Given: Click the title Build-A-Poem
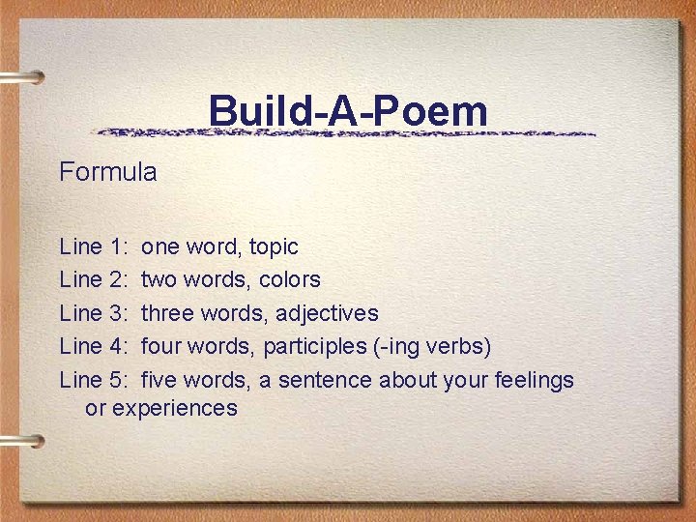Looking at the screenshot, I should tap(348, 112).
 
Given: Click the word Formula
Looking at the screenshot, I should tap(107, 172).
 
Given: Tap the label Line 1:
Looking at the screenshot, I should tap(94, 246).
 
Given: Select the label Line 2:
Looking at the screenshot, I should tap(94, 279).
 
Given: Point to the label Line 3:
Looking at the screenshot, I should tap(94, 313).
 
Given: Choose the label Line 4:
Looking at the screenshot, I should tap(94, 346).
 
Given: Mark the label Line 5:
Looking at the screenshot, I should tap(94, 380).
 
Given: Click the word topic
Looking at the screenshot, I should tap(274, 247).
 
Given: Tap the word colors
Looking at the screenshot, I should tap(290, 279).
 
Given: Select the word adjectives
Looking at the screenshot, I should tap(327, 313).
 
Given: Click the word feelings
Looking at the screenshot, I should tap(534, 380).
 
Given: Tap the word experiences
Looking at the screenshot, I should tap(175, 408).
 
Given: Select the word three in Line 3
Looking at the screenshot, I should tap(166, 313).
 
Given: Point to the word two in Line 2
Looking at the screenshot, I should tap(158, 279).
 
